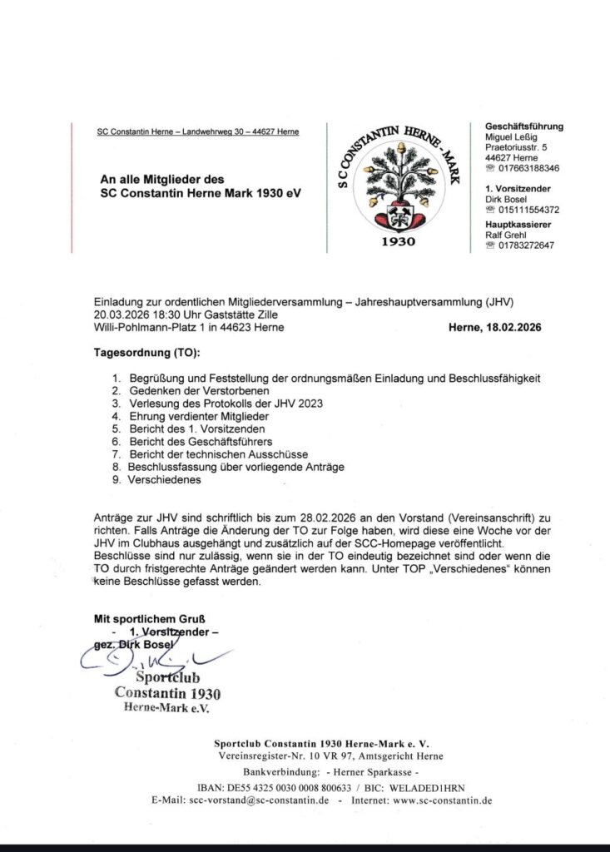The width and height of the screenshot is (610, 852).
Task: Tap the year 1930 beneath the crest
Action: click(399, 242)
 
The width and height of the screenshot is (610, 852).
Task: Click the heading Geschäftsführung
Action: click(523, 126)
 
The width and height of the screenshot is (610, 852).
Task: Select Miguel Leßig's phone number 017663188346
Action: click(528, 168)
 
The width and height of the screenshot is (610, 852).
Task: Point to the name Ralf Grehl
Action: click(508, 235)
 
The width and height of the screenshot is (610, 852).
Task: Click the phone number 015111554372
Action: click(528, 210)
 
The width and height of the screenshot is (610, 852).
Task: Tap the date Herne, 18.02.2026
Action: click(493, 328)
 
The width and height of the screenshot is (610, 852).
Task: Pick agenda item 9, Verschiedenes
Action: click(165, 479)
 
